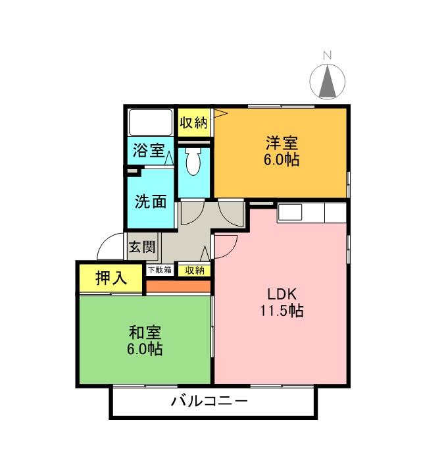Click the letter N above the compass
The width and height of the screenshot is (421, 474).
[327, 55]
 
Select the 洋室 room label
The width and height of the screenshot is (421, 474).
[282, 142]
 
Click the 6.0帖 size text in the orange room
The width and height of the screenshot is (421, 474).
[282, 159]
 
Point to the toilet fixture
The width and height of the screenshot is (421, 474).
[193, 162]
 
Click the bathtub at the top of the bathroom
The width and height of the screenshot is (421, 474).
[150, 122]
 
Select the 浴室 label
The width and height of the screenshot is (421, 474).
[149, 150]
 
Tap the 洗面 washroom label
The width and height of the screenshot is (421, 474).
[151, 201]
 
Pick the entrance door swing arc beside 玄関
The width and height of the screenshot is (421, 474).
[109, 249]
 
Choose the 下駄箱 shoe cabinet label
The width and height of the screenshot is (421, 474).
[159, 270]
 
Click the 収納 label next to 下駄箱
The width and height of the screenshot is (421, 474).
[194, 270]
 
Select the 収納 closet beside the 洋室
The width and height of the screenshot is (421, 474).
[194, 122]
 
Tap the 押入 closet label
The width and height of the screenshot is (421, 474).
[111, 278]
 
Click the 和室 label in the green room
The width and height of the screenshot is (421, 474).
[145, 332]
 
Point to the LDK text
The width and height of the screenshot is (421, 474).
[280, 294]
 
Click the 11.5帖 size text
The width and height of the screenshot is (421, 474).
[280, 311]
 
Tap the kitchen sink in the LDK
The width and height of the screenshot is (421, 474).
[290, 212]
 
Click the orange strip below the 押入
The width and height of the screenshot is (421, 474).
[178, 286]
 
